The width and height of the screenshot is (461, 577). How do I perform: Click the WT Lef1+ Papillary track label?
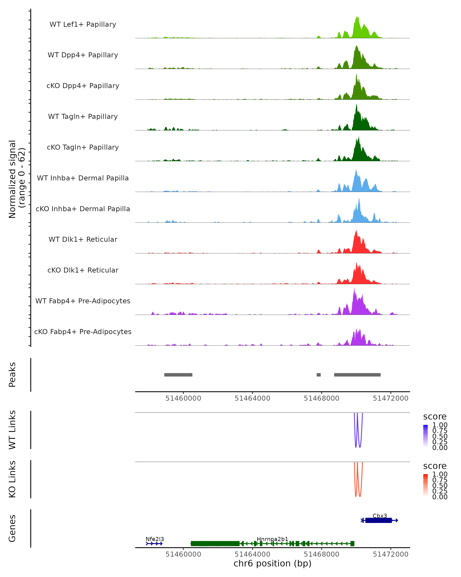pyautogui.click(x=83, y=24)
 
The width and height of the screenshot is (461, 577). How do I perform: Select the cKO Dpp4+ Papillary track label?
pyautogui.click(x=83, y=86)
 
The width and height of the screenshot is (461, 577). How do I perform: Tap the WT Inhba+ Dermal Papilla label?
pyautogui.click(x=83, y=178)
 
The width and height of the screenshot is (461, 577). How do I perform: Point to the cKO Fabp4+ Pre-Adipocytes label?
pyautogui.click(x=83, y=332)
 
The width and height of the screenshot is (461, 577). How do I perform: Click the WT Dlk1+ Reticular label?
pyautogui.click(x=83, y=239)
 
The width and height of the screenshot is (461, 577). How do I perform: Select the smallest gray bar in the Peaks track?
pyautogui.click(x=318, y=375)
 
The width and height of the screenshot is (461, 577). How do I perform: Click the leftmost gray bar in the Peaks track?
pyautogui.click(x=178, y=375)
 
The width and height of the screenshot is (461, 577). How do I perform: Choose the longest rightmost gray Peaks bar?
pyautogui.click(x=357, y=375)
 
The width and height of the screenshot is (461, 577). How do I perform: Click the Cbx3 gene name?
pyautogui.click(x=380, y=516)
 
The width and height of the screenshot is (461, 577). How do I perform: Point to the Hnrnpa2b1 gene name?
pyautogui.click(x=272, y=539)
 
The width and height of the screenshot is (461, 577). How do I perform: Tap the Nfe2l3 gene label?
pyautogui.click(x=155, y=539)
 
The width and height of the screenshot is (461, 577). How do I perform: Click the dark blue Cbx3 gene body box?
pyautogui.click(x=378, y=520)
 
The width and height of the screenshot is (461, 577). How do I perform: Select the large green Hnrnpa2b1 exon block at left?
pyautogui.click(x=215, y=544)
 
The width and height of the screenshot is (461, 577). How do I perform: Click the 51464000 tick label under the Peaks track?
pyautogui.click(x=252, y=398)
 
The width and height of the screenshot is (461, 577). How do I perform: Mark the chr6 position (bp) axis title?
pyautogui.click(x=272, y=564)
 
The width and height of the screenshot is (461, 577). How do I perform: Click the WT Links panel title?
pyautogui.click(x=12, y=430)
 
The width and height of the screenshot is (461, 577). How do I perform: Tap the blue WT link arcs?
pyautogui.click(x=358, y=439)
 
